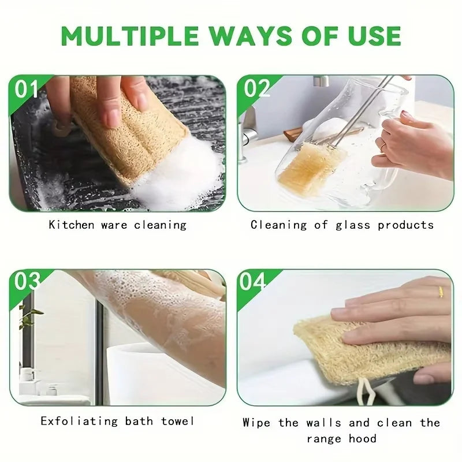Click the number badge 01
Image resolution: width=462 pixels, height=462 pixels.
[x=27, y=89]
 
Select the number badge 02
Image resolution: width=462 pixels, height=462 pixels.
[x=257, y=88]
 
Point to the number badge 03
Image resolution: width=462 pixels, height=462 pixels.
[x=27, y=282]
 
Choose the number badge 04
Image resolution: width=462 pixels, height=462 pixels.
[x=253, y=282]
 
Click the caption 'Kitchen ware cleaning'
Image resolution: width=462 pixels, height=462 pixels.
[x=117, y=225]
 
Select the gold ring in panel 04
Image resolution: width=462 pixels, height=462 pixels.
[x=440, y=292]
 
